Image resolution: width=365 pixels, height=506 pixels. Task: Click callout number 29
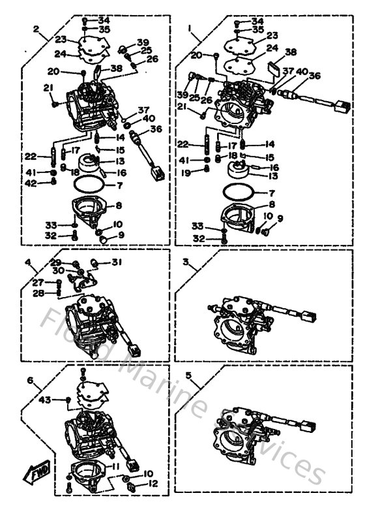pos(57,262)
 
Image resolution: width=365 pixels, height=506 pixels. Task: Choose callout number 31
pos(116,263)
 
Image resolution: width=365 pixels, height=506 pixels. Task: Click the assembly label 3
pos(186,262)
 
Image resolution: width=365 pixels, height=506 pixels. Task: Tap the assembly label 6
pos(29,380)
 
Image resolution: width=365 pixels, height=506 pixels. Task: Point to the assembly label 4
pos(28,262)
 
